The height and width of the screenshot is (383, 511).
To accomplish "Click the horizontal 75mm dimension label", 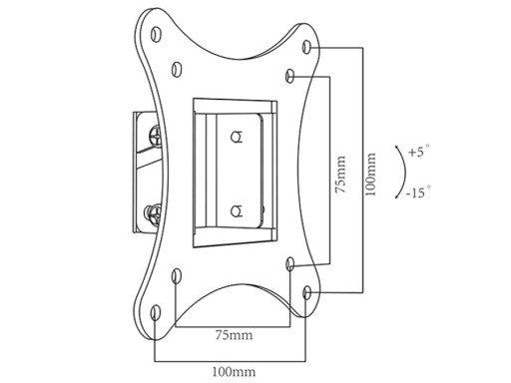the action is point(234,335).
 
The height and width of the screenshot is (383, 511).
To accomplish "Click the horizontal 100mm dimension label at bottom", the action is point(234,371).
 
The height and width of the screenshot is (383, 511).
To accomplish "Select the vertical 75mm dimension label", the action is point(340,174).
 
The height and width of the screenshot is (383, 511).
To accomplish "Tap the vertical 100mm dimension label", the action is point(370,174).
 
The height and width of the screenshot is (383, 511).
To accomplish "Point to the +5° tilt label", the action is point(418,152).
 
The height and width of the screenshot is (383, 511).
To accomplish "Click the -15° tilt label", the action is point(418,192).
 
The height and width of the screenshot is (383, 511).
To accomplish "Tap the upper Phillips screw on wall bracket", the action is point(155,135).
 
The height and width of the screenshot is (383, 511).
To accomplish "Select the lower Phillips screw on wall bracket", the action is point(154,214).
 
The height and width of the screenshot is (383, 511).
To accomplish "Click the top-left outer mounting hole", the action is point(156,34).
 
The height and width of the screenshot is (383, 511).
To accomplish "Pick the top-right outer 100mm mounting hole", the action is point(306,47).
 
